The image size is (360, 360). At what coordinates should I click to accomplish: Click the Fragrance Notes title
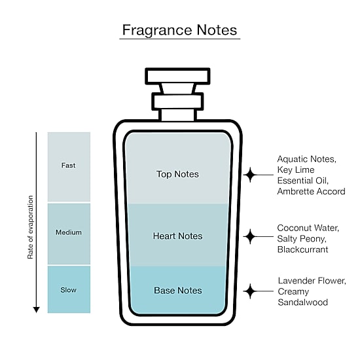pos(179,30)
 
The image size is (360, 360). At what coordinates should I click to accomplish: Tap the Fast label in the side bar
pos(68,166)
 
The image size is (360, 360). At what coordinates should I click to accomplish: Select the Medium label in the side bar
pos(69,232)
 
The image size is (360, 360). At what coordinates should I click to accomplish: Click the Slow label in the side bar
pos(69,290)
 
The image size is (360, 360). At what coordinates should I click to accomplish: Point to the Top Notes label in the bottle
pos(177,174)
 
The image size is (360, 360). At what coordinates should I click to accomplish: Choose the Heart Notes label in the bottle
pos(177,236)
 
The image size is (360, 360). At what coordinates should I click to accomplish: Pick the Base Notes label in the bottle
pos(178,291)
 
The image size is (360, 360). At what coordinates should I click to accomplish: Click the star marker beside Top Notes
pos(250,175)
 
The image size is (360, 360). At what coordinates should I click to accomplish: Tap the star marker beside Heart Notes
pos(250,236)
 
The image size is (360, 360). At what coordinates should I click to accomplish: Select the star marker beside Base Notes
pos(250,291)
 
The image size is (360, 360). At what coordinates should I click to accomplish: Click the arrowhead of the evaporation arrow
pos(36,310)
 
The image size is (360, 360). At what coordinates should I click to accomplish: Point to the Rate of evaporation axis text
pos(30,227)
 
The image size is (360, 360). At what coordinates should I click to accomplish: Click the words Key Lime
pos(296,170)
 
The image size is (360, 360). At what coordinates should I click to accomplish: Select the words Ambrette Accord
pos(311,191)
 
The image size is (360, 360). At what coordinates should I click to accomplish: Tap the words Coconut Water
pos(308,228)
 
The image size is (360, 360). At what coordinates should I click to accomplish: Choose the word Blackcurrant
pos(302,249)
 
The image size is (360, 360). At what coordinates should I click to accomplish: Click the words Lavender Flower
pos(312,281)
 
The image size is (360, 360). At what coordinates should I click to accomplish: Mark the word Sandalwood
pos(302,302)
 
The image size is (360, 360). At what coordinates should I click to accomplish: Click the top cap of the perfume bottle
pos(177,76)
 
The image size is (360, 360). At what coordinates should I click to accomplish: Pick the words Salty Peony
pos(302,239)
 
